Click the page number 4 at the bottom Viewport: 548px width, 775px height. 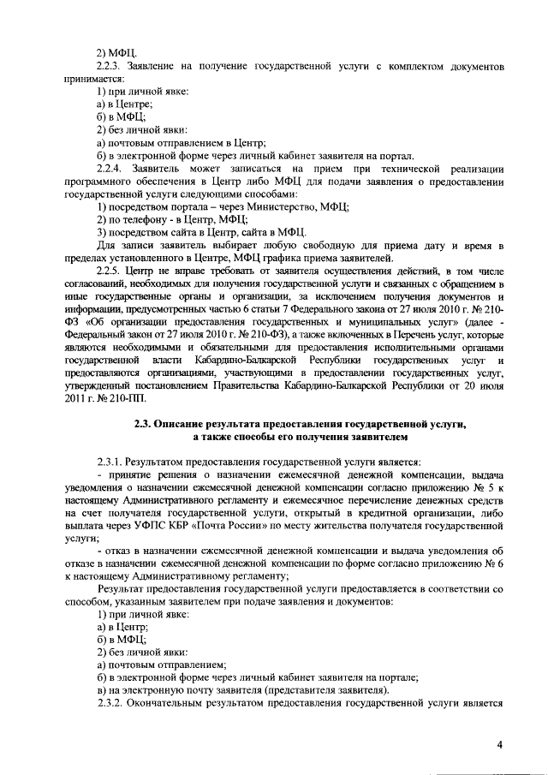(x=499, y=743)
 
